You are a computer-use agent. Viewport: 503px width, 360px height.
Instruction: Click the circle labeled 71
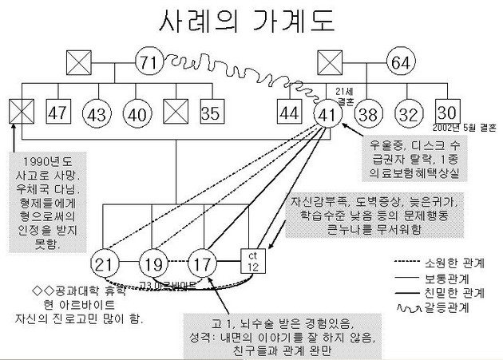click(147, 62)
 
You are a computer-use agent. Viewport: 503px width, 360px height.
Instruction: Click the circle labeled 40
click(137, 114)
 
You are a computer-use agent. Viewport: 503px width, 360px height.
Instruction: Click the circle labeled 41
click(328, 114)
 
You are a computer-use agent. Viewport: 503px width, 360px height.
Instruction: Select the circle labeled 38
click(368, 114)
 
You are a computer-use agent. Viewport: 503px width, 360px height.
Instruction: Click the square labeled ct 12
click(252, 260)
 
